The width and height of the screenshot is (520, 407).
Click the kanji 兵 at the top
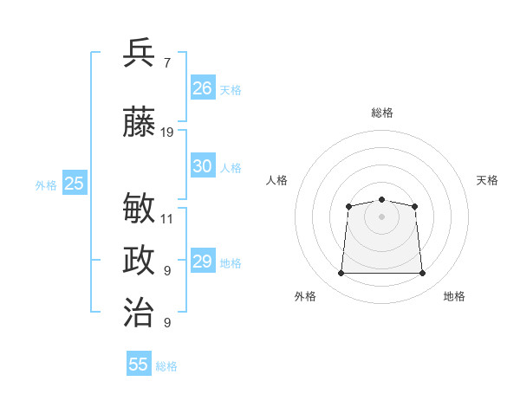click(x=139, y=53)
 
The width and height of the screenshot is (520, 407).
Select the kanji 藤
click(x=139, y=121)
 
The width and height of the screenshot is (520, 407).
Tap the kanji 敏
click(x=139, y=208)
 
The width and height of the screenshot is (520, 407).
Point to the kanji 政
click(x=139, y=260)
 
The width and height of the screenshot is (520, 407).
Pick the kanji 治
click(x=139, y=312)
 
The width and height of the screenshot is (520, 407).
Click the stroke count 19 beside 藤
click(x=166, y=132)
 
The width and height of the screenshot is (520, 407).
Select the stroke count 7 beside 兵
click(x=167, y=63)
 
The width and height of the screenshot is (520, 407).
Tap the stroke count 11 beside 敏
click(x=166, y=219)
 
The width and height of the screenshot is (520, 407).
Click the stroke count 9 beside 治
click(x=167, y=322)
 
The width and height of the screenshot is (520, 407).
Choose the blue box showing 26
click(x=203, y=87)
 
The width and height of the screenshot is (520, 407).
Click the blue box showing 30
click(x=203, y=165)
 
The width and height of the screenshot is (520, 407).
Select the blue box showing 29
click(x=203, y=260)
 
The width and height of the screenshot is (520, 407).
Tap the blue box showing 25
click(x=75, y=183)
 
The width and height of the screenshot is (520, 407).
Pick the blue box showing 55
click(x=139, y=363)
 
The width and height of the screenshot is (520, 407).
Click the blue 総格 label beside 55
click(x=166, y=366)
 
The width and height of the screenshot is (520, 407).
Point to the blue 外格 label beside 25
click(x=46, y=185)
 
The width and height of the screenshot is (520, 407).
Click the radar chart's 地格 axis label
click(x=454, y=296)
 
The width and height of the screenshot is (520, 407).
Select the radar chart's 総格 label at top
click(x=382, y=113)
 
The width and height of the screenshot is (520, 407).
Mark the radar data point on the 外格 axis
click(x=341, y=273)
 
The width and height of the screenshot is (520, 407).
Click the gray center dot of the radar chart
click(x=381, y=216)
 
